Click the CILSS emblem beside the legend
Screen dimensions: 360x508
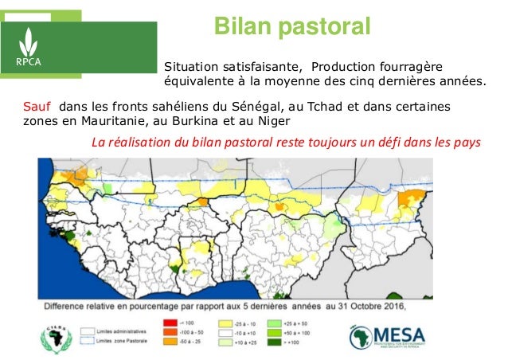(x=58, y=336)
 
